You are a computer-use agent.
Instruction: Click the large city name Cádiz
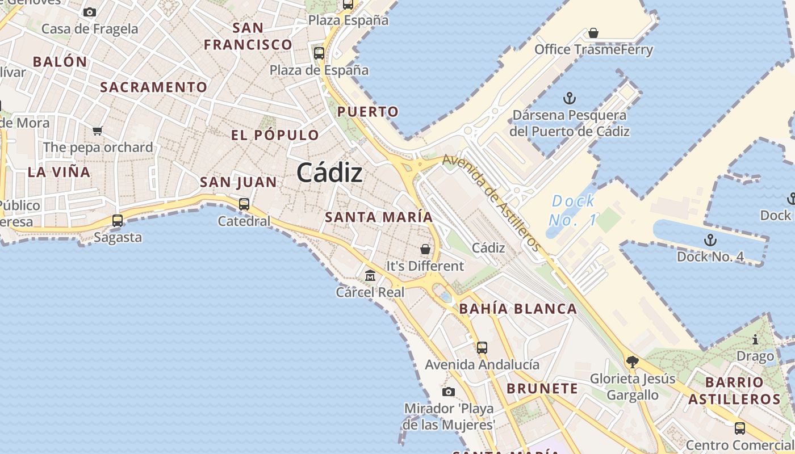[x=329, y=173]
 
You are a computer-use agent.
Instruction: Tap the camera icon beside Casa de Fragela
[x=90, y=12]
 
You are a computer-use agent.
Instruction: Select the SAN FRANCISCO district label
[x=248, y=36]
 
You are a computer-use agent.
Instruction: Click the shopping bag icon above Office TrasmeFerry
[x=593, y=33]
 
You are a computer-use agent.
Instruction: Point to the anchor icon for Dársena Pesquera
[x=569, y=98]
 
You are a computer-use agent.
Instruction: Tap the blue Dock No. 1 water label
[x=574, y=209]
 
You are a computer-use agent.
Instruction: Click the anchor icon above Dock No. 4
[x=710, y=239]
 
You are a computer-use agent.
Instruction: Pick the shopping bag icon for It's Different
[x=425, y=249]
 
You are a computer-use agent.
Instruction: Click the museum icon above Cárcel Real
[x=370, y=276]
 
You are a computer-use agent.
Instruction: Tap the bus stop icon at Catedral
[x=244, y=204]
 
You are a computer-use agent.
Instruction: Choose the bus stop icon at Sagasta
[x=118, y=220]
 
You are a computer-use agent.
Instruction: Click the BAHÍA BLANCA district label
[x=518, y=309]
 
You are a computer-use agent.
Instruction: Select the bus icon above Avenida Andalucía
[x=482, y=347]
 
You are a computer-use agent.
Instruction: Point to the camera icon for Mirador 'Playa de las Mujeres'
[x=449, y=392]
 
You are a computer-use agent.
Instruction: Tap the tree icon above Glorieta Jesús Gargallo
[x=632, y=361]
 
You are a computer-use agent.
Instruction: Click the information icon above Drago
[x=755, y=340]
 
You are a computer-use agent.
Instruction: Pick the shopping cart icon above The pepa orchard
[x=98, y=131]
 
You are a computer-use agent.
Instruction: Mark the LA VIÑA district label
[x=59, y=172]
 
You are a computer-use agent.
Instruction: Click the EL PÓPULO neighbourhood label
[x=275, y=135]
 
